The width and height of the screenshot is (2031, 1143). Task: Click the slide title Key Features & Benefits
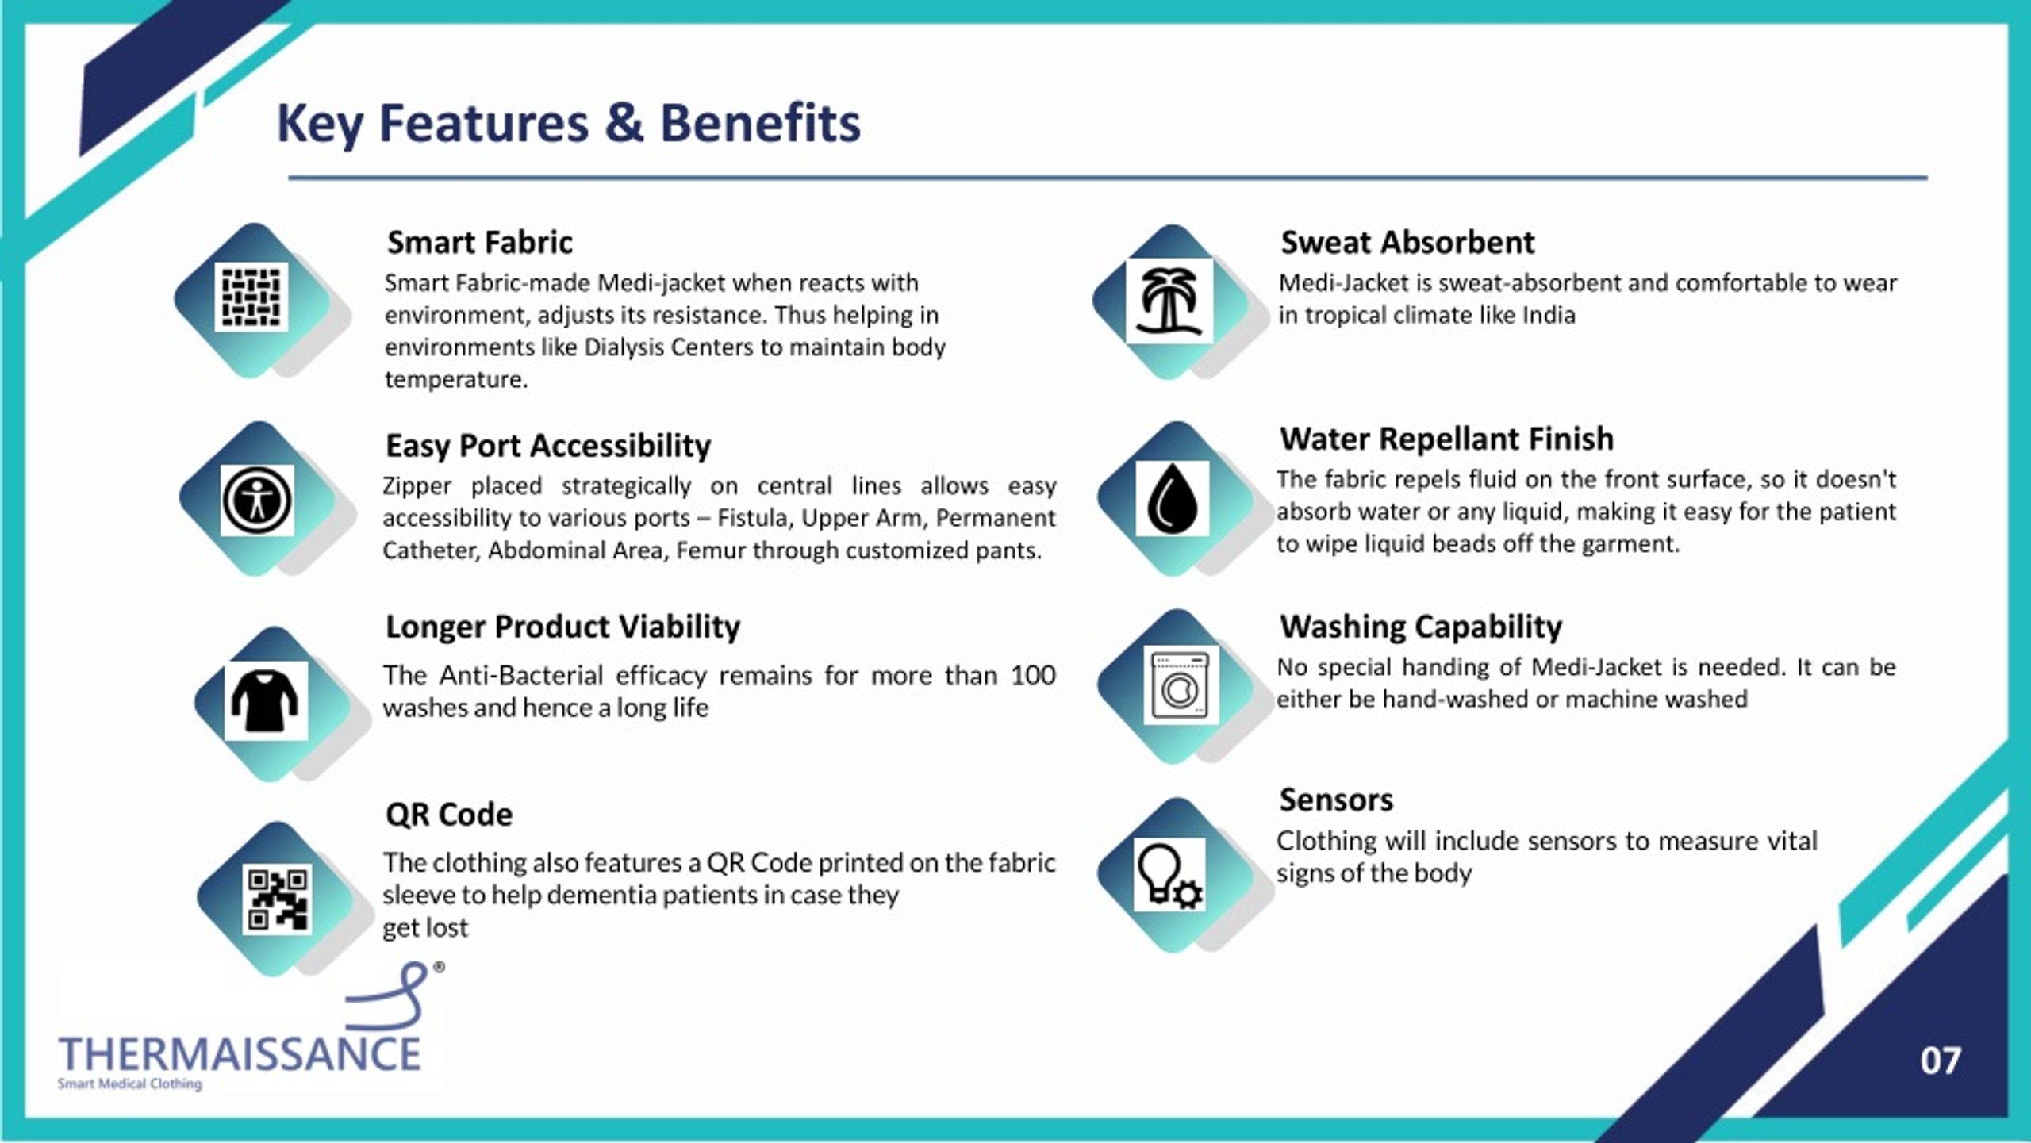pyautogui.click(x=568, y=125)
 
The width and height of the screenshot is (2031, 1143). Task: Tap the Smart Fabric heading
pyautogui.click(x=479, y=243)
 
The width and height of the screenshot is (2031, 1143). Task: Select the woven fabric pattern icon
pyautogui.click(x=251, y=298)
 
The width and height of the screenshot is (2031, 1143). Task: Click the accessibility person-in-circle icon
pyautogui.click(x=257, y=501)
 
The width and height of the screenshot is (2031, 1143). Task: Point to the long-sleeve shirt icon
pyautogui.click(x=266, y=700)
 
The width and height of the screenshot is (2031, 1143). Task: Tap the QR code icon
pyautogui.click(x=277, y=899)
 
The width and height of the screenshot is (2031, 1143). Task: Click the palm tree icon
pyautogui.click(x=1169, y=301)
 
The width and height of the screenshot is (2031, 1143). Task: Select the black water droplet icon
pyautogui.click(x=1172, y=498)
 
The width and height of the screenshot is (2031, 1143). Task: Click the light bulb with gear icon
pyautogui.click(x=1169, y=875)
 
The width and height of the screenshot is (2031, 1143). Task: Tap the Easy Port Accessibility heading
pyautogui.click(x=548, y=446)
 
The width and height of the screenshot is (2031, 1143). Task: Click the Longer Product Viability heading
pyautogui.click(x=562, y=627)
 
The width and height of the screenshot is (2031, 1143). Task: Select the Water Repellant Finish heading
pyautogui.click(x=1446, y=439)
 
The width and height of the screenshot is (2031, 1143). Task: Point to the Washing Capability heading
pyautogui.click(x=1421, y=627)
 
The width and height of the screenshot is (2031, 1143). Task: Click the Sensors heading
pyautogui.click(x=1336, y=800)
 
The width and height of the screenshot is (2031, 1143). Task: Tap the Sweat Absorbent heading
pyautogui.click(x=1407, y=243)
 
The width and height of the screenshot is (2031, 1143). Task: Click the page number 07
pyautogui.click(x=1941, y=1061)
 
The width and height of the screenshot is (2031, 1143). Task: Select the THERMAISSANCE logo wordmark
pyautogui.click(x=240, y=1055)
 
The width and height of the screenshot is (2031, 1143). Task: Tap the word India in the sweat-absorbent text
pyautogui.click(x=1549, y=316)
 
